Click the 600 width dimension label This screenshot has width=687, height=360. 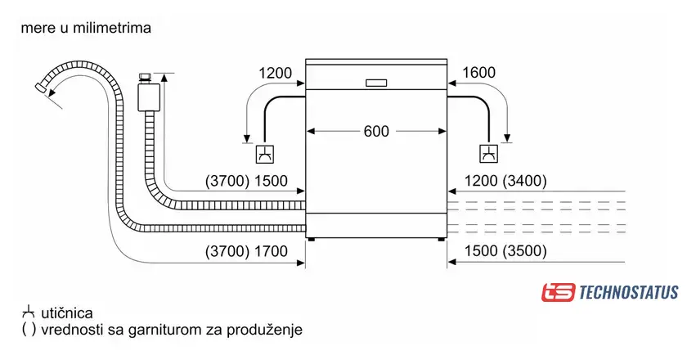tap(377, 131)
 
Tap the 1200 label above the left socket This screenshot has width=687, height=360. tap(275, 74)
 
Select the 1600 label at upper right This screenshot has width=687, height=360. tap(478, 74)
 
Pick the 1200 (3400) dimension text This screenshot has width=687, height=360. tap(505, 181)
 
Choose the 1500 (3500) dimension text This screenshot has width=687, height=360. tap(505, 252)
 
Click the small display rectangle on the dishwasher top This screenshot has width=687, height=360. tap(377, 83)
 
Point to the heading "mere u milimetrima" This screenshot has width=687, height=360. tap(87, 28)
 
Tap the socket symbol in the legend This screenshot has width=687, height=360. tap(29, 313)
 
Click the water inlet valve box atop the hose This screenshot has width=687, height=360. tap(148, 93)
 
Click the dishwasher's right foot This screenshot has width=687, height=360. tap(442, 240)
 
